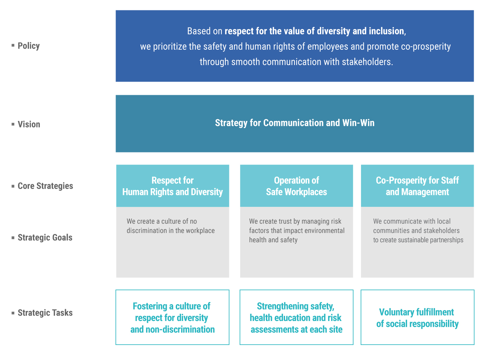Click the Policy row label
point(29,46)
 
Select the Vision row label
point(29,125)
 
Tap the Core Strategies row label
point(45,186)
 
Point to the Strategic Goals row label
point(45,238)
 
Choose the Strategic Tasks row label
point(45,313)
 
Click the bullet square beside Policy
point(13,45)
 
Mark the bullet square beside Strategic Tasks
point(13,313)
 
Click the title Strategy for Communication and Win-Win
point(295,123)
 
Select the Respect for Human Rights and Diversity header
point(172,186)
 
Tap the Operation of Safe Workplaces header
point(296,186)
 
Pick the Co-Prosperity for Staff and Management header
point(417,186)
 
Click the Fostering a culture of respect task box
point(172,317)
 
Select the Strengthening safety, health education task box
point(296,317)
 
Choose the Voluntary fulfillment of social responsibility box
point(418,317)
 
